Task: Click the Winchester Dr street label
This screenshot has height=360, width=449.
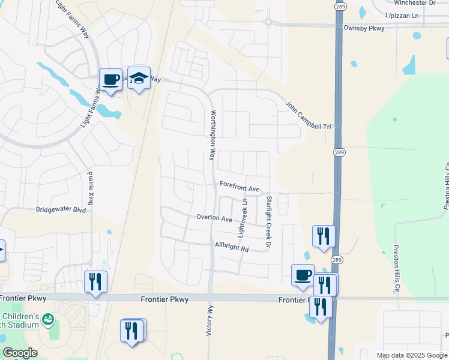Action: click(411, 3)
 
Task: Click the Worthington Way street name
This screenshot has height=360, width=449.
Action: click(212, 135)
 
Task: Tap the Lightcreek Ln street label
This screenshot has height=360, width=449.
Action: click(243, 217)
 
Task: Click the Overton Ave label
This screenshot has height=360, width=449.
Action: click(214, 218)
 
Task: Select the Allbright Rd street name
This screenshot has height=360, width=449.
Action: click(232, 247)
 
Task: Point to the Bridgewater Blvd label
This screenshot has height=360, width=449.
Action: click(61, 209)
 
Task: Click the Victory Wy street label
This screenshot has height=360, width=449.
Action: click(210, 322)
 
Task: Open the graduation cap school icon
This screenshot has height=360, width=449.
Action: click(139, 79)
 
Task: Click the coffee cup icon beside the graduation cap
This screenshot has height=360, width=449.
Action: click(110, 79)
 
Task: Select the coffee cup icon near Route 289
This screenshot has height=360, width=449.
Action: click(303, 275)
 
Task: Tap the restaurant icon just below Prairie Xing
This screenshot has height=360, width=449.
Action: click(95, 281)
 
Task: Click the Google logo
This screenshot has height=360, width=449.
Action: click(20, 353)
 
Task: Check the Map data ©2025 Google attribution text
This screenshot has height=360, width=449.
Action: click(412, 355)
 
